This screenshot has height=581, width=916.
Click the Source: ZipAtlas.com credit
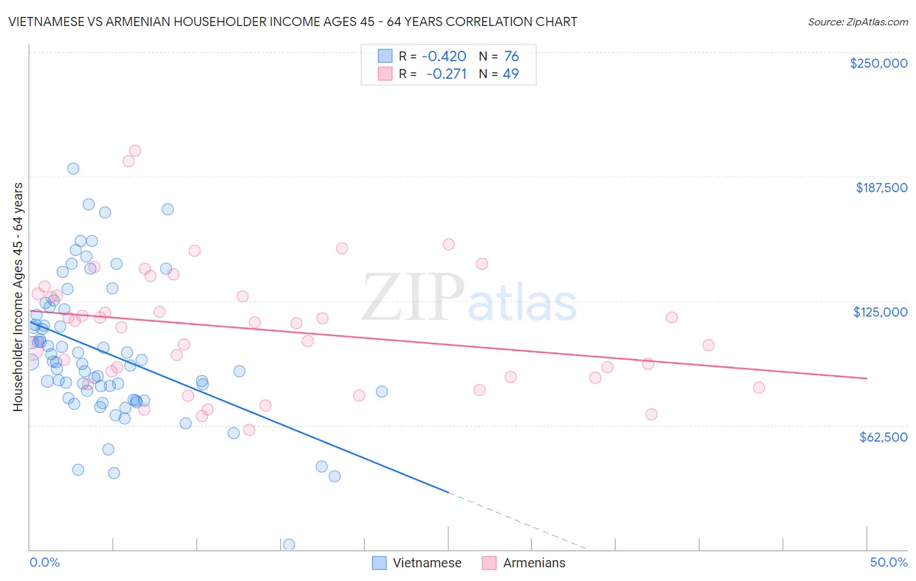[857, 21]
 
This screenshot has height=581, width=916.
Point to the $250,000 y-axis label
[878, 63]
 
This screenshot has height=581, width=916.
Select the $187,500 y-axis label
[881, 188]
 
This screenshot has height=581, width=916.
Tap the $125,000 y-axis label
[880, 312]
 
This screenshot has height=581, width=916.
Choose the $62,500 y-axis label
[883, 437]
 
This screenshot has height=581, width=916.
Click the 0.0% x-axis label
[44, 562]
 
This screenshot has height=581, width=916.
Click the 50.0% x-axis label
[888, 562]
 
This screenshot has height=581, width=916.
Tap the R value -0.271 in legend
[446, 74]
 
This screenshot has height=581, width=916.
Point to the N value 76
[511, 57]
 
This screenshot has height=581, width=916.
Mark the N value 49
[511, 74]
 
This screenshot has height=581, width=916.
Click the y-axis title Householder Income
[18, 297]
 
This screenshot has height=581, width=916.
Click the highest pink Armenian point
[135, 150]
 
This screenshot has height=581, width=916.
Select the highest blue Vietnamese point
[73, 169]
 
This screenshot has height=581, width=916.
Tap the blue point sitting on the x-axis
[289, 545]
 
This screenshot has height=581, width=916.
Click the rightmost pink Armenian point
[758, 388]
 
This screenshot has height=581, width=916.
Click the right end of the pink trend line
[866, 378]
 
